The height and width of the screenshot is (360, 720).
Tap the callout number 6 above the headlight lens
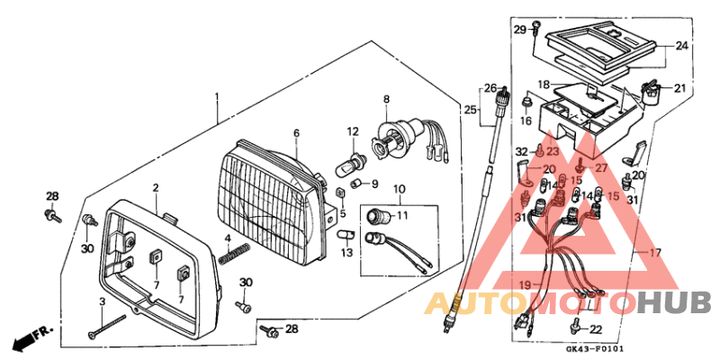[x=295, y=132]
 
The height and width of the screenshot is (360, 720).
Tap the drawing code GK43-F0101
[x=595, y=350]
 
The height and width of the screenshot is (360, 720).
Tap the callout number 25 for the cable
[x=468, y=109]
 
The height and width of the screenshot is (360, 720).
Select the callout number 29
[x=519, y=30]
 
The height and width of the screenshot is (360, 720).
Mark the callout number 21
[x=679, y=88]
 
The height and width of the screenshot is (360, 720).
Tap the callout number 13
[x=346, y=253]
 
